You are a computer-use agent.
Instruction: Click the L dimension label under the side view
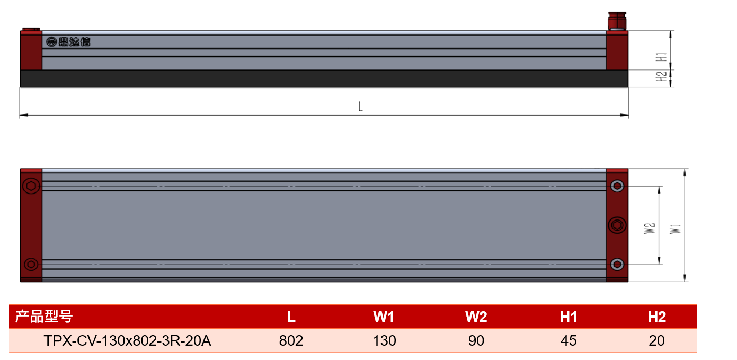tap(361, 107)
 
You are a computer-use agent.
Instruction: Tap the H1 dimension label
tap(661, 57)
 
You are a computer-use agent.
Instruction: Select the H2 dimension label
tap(661, 76)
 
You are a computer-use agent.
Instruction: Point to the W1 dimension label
tap(676, 229)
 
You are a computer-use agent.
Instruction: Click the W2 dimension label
tap(650, 229)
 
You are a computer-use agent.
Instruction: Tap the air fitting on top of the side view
tap(617, 21)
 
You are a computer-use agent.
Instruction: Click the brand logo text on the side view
tap(68, 42)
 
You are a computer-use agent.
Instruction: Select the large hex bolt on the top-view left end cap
tap(31, 186)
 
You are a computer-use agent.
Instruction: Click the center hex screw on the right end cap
tap(617, 225)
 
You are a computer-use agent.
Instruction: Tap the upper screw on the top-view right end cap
tap(617, 186)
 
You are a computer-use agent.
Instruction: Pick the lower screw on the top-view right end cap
tap(617, 264)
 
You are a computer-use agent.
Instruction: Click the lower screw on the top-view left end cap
tap(31, 264)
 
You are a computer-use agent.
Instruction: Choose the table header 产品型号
tap(44, 317)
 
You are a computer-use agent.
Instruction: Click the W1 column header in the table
tap(384, 317)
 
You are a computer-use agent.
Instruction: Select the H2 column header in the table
tap(656, 317)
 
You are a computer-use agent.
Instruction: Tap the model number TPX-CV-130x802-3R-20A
tap(127, 340)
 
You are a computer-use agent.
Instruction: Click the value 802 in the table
tap(291, 340)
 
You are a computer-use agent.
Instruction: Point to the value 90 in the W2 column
tap(476, 340)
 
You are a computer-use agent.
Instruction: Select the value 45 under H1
tap(569, 340)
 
